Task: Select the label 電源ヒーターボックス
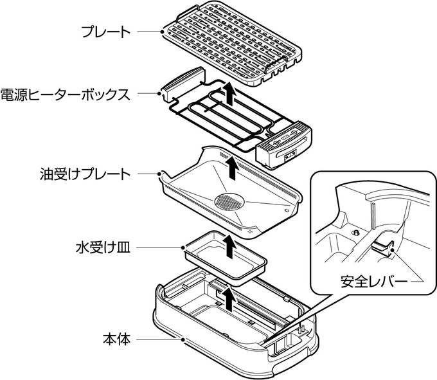coord(67,94)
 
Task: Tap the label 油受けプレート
coord(84,174)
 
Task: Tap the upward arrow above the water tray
coord(227,245)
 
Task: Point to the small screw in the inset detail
coord(353,231)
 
